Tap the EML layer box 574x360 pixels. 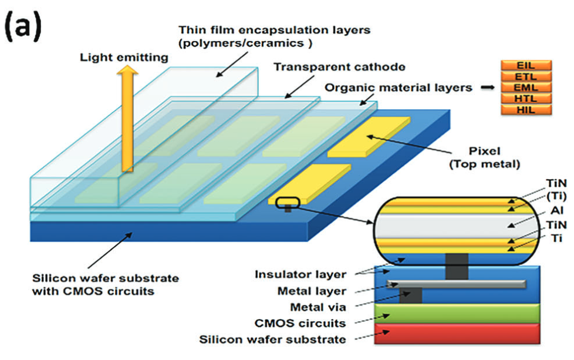pyautogui.click(x=525, y=88)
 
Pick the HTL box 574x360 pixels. pyautogui.click(x=525, y=99)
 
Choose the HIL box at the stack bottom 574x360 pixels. pyautogui.click(x=525, y=110)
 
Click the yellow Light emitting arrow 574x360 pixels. pyautogui.click(x=126, y=117)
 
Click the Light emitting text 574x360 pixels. pyautogui.click(x=124, y=57)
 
